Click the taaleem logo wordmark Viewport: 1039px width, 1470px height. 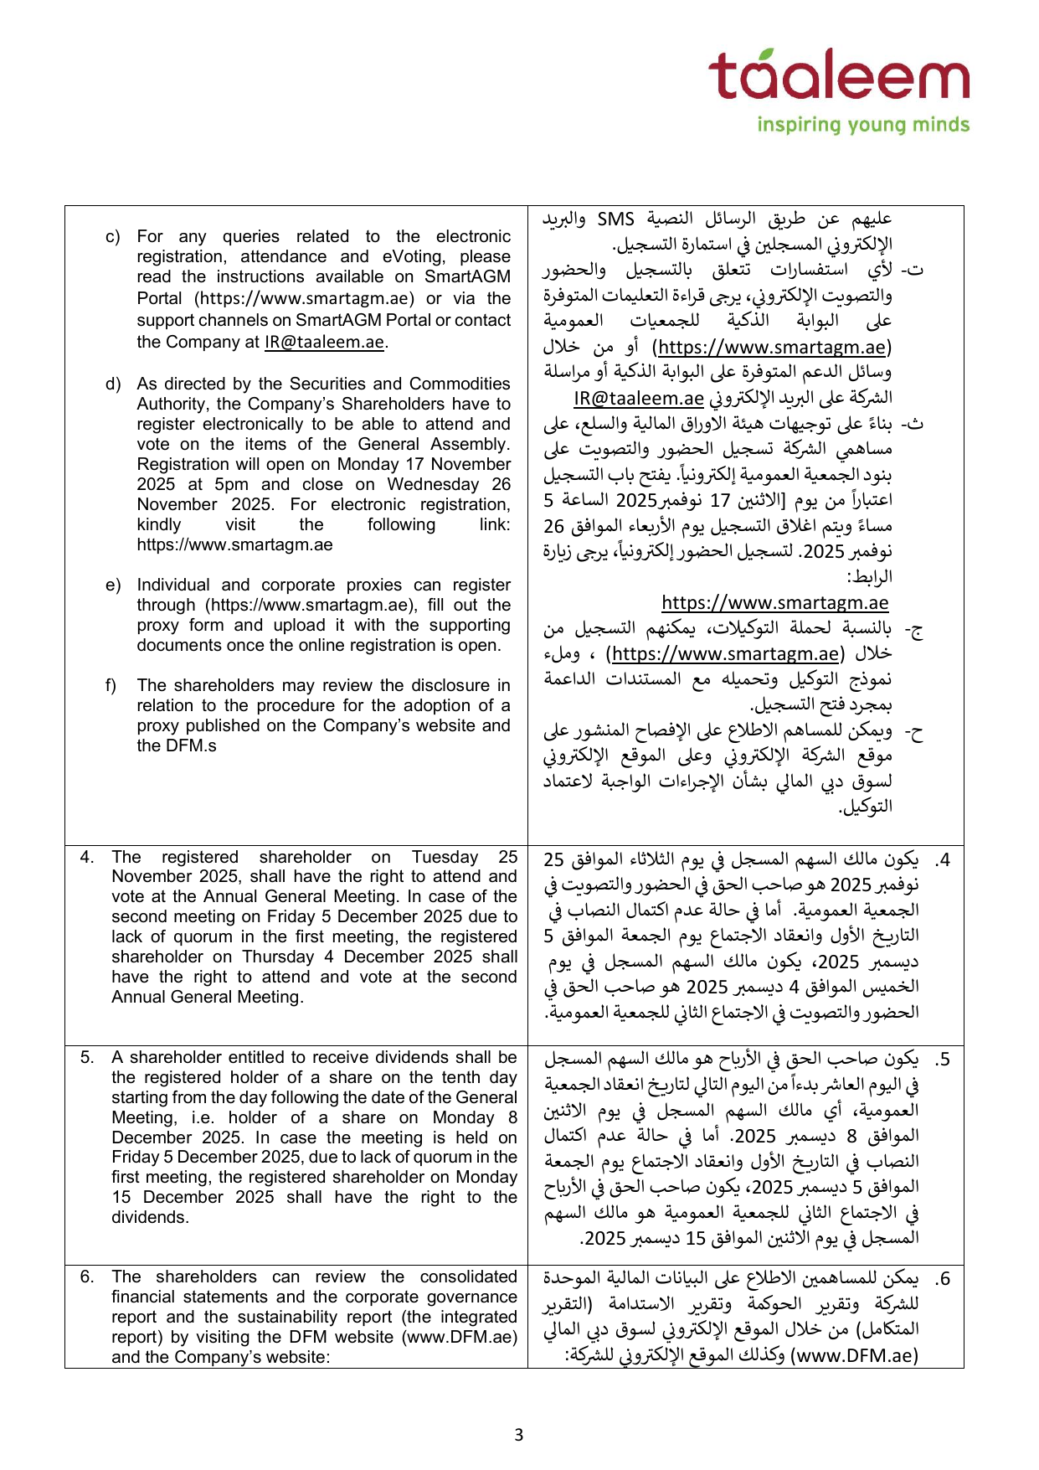point(838,75)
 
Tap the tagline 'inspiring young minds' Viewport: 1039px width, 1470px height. point(862,125)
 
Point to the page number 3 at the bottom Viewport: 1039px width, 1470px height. point(518,1435)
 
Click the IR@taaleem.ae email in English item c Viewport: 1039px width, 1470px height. point(324,342)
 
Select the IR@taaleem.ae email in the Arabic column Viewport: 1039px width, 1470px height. point(639,398)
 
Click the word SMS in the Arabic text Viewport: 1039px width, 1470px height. point(615,219)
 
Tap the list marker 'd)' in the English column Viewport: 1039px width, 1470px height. point(113,384)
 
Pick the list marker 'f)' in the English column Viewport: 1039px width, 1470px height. point(111,685)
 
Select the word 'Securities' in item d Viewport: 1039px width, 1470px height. point(327,384)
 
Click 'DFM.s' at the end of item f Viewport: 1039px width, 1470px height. point(177,745)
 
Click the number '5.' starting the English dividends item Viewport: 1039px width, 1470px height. point(88,1057)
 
